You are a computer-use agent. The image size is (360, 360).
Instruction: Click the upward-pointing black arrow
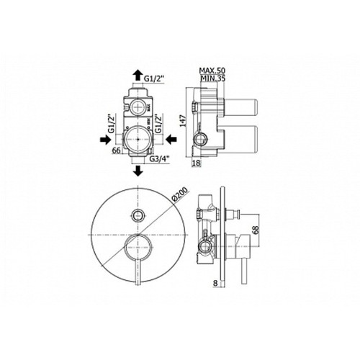pos(138,75)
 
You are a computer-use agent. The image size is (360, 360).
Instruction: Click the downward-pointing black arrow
pos(138,171)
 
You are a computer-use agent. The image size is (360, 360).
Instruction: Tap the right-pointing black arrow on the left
pos(106,139)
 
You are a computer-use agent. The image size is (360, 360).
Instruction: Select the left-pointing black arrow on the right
pos(171,139)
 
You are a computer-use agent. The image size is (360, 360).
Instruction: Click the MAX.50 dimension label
pos(212,71)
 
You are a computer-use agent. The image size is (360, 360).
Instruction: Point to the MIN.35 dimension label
pos(213,78)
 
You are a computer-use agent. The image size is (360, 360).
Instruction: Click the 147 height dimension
pos(184,120)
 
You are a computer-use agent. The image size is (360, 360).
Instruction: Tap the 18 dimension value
pos(196,163)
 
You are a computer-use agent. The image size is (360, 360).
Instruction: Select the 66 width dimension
pos(116,150)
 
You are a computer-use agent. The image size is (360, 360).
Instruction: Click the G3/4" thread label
pos(159,159)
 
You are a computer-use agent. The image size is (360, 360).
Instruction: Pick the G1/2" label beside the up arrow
pos(153,78)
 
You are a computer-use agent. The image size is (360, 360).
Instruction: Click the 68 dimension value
pos(256,230)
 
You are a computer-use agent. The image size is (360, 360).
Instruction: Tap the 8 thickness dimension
pos(215,283)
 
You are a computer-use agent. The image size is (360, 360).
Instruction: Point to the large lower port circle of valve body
pos(138,139)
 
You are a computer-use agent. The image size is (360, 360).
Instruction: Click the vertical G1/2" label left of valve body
pos(112,124)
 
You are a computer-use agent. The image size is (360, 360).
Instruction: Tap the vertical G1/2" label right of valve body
pos(158,124)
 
